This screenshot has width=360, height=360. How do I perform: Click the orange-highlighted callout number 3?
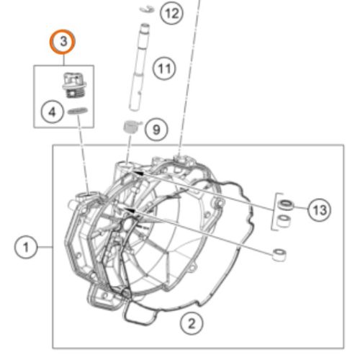pyautogui.click(x=63, y=42)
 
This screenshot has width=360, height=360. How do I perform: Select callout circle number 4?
pyautogui.click(x=52, y=112)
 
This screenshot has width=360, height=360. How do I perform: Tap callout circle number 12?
pyautogui.click(x=172, y=13)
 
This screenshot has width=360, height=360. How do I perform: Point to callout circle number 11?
pyautogui.click(x=164, y=69)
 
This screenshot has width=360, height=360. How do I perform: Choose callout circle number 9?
pyautogui.click(x=156, y=130)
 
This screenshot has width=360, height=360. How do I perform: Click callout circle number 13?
pyautogui.click(x=320, y=210)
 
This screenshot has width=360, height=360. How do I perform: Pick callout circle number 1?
pyautogui.click(x=26, y=247)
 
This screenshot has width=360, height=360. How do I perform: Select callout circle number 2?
pyautogui.click(x=192, y=324)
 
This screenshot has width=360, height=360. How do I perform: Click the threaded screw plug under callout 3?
pyautogui.click(x=75, y=85)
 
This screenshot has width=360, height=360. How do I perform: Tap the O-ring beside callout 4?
pyautogui.click(x=78, y=111)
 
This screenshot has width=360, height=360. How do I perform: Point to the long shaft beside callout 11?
pyautogui.click(x=140, y=67)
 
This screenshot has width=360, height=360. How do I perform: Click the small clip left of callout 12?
pyautogui.click(x=147, y=9)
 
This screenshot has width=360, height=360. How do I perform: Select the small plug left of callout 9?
pyautogui.click(x=131, y=127)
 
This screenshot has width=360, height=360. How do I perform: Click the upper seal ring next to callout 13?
pyautogui.click(x=286, y=204)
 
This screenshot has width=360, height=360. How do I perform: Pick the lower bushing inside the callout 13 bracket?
pyautogui.click(x=284, y=220)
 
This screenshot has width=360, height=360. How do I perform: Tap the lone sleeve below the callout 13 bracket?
pyautogui.click(x=279, y=255)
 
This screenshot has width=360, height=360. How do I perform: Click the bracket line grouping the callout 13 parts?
pyautogui.click(x=274, y=211)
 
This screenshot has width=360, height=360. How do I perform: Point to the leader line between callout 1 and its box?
pyautogui.click(x=45, y=247)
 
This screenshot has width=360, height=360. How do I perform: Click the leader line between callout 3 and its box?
pyautogui.click(x=63, y=60)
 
